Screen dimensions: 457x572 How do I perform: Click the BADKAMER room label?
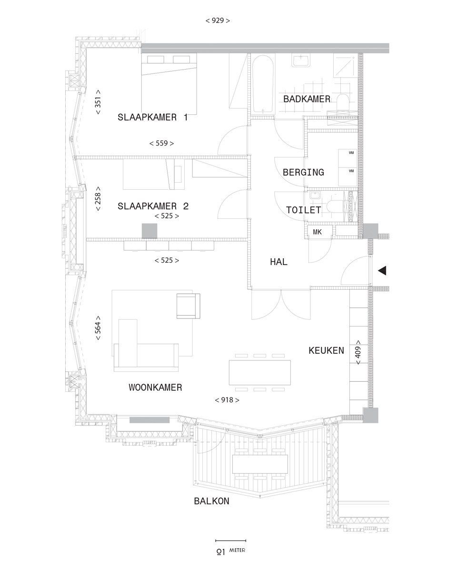[307, 99]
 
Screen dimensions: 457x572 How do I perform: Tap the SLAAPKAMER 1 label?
[153, 117]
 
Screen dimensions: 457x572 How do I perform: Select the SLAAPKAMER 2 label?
[153, 206]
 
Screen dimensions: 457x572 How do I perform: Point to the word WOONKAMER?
[155, 387]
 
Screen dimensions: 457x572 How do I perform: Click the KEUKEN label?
[327, 350]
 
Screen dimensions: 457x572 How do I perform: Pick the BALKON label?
[212, 501]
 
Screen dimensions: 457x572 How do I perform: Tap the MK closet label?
[318, 232]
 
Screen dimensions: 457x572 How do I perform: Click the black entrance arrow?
[382, 271]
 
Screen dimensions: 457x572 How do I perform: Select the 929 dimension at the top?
[218, 20]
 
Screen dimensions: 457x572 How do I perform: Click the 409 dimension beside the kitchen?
[358, 352]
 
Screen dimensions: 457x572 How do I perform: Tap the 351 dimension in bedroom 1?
[98, 102]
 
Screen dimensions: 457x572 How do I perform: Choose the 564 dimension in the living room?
[98, 328]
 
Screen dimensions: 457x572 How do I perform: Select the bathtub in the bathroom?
[263, 84]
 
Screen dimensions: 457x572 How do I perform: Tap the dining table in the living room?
[260, 372]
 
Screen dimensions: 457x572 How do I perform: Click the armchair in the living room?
[188, 306]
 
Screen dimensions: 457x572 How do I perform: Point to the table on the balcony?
[260, 464]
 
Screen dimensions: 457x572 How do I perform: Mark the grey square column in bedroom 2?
[149, 231]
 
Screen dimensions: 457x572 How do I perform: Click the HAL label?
[278, 262]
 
